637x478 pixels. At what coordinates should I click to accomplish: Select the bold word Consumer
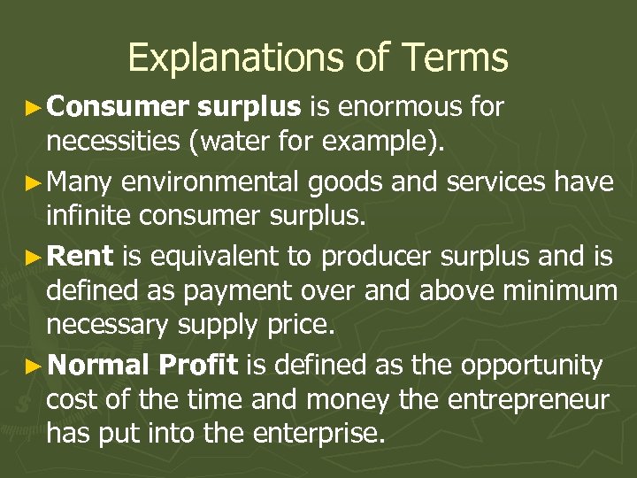[x=119, y=107]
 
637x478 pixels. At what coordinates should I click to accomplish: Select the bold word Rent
[x=81, y=257]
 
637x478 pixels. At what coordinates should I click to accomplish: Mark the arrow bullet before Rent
[x=35, y=258]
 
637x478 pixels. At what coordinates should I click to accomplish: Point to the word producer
[x=375, y=257]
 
